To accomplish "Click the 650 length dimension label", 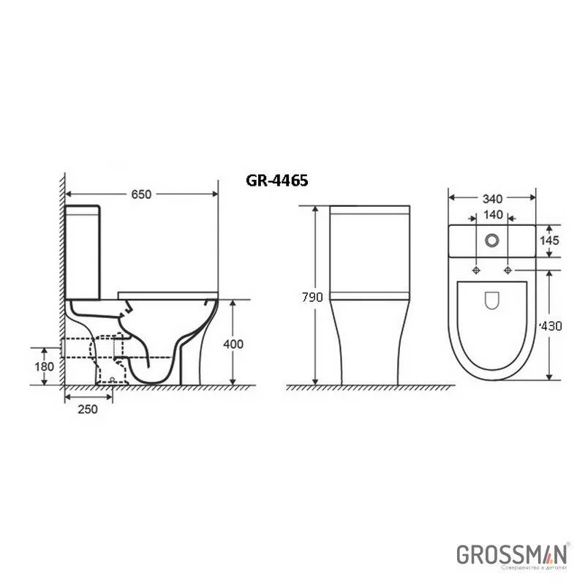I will (x=140, y=195).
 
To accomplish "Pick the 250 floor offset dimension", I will (x=88, y=409).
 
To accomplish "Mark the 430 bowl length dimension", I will (x=551, y=326).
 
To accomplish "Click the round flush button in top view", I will (x=491, y=239).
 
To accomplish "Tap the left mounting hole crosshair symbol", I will (x=476, y=271).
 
